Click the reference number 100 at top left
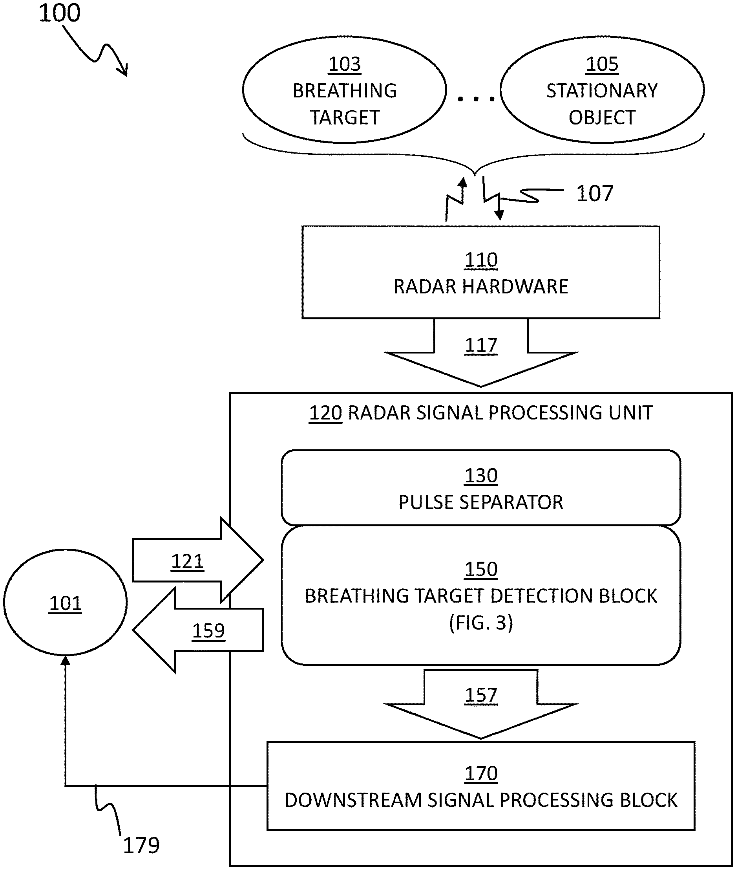click(59, 13)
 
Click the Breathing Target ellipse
click(344, 90)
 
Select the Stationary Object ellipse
click(602, 90)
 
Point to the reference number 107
click(594, 194)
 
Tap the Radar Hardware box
click(480, 273)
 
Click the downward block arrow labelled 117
click(480, 355)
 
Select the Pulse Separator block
click(480, 487)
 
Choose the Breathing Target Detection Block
click(480, 595)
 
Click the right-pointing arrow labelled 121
click(196, 560)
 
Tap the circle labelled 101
click(66, 603)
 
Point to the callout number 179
click(141, 845)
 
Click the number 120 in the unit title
click(325, 413)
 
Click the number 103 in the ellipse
click(344, 64)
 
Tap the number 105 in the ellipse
click(602, 64)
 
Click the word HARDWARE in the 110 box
click(515, 287)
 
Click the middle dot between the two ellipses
click(476, 99)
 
